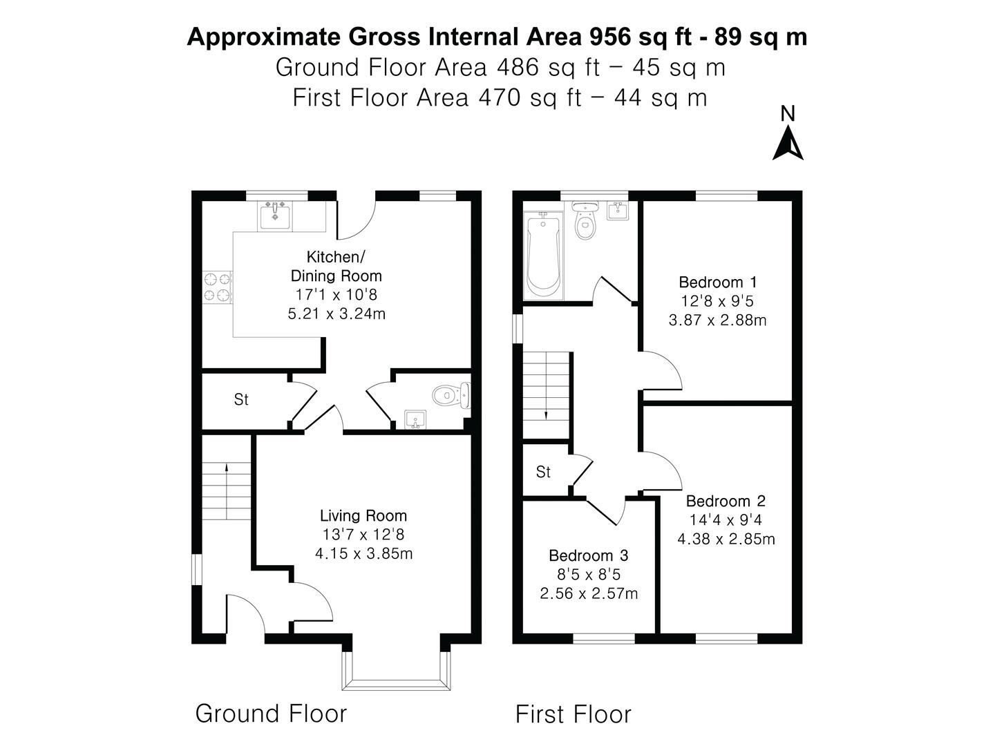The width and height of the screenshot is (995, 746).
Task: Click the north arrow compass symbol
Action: [788, 143]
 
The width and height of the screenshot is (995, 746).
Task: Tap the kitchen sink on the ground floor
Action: [276, 216]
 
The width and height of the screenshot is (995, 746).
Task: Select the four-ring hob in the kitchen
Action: [217, 287]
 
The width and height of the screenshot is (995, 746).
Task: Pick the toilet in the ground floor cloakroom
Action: [451, 396]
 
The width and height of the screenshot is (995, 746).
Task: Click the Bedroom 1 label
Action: [718, 282]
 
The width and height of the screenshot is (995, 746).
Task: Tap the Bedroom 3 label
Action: [588, 555]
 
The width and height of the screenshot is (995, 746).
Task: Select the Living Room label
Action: [363, 515]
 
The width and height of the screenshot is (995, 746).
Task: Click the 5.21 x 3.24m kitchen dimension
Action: [337, 314]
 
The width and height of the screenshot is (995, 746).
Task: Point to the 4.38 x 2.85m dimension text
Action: [726, 539]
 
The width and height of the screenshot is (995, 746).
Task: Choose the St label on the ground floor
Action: [241, 399]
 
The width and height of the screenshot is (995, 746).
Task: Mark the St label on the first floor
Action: [543, 472]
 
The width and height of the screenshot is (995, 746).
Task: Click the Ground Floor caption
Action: [271, 714]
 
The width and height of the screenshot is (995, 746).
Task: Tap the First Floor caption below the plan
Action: [573, 714]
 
